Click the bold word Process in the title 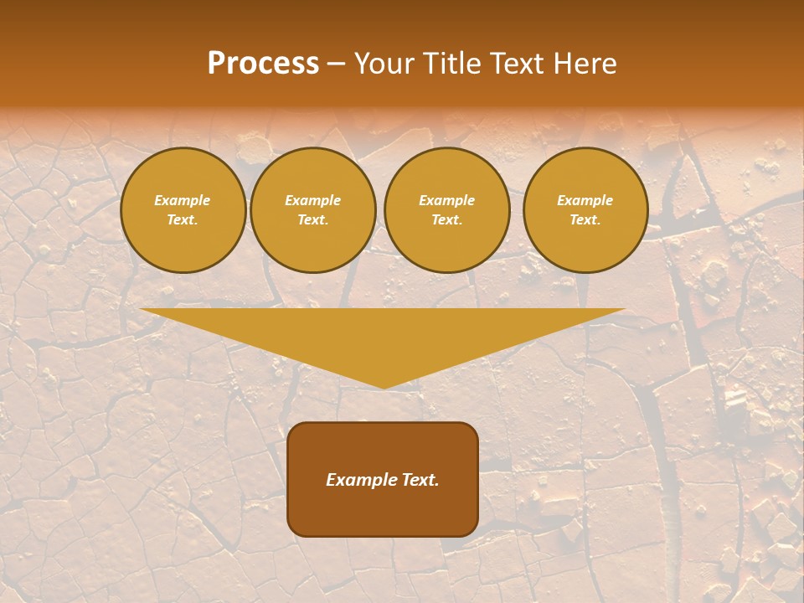[263, 64]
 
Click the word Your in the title [385, 64]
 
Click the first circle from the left [183, 210]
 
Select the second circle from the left [313, 210]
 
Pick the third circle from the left [447, 210]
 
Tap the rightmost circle [585, 210]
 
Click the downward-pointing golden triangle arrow [383, 335]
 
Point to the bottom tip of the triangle [384, 387]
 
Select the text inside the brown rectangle [383, 480]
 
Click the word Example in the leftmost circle [183, 200]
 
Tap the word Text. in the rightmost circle [585, 220]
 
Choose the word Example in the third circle [447, 200]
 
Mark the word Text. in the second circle [313, 220]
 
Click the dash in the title [337, 64]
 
